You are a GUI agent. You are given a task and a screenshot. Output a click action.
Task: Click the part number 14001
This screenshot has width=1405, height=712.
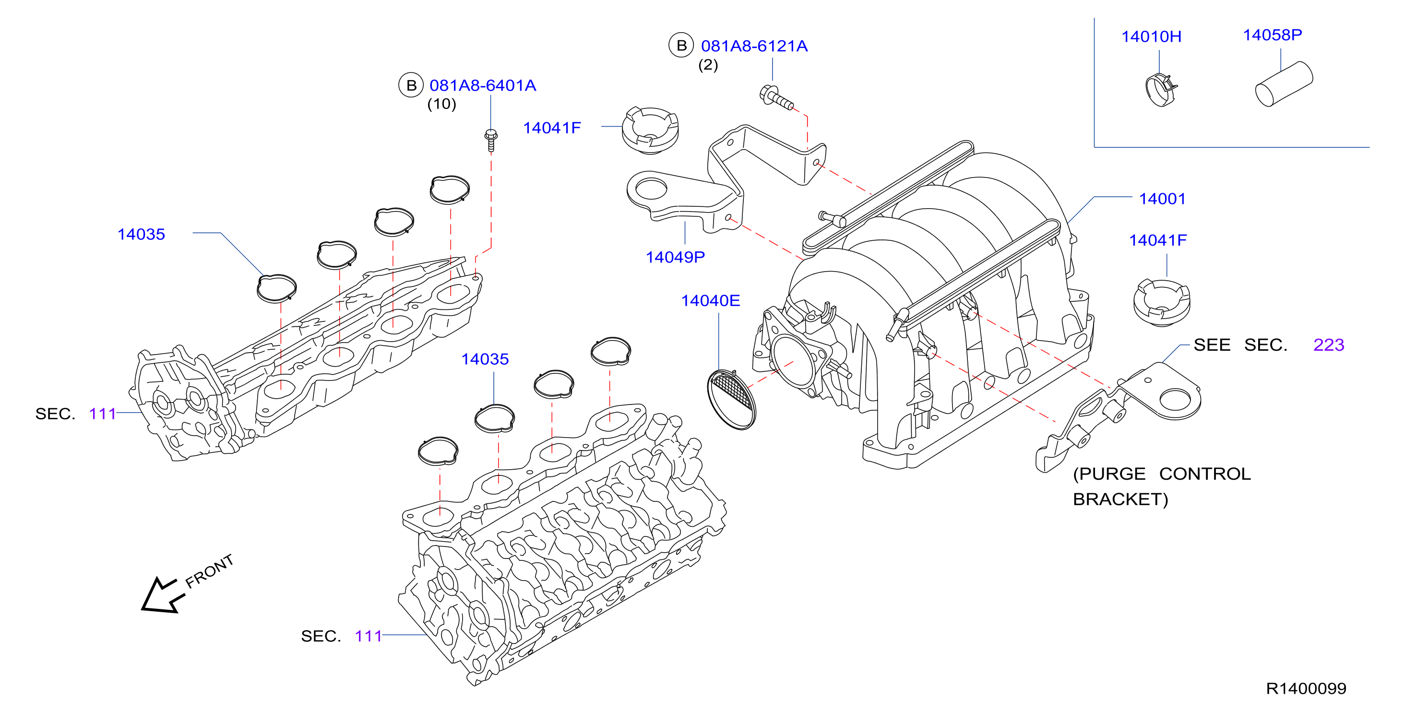pyautogui.click(x=1162, y=199)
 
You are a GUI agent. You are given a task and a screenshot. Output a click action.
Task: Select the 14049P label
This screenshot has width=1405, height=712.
pyautogui.click(x=675, y=257)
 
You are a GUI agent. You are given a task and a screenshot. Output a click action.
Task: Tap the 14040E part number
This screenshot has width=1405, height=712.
pyautogui.click(x=710, y=301)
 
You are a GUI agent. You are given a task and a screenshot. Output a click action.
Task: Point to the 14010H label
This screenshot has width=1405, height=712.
pyautogui.click(x=1151, y=37)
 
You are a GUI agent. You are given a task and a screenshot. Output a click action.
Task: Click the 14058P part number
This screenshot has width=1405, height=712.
pyautogui.click(x=1272, y=36)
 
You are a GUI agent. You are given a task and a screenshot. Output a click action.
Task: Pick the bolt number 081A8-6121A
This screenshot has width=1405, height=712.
pyautogui.click(x=754, y=47)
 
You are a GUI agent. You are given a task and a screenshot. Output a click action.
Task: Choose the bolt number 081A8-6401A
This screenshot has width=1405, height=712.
pyautogui.click(x=483, y=85)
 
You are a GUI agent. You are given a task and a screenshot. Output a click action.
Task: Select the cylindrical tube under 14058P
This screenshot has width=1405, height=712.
pyautogui.click(x=1284, y=84)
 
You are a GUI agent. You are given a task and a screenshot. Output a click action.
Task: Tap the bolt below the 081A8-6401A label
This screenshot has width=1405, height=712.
pyautogui.click(x=491, y=140)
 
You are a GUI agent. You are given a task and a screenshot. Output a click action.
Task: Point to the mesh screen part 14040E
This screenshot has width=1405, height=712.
pyautogui.click(x=731, y=400)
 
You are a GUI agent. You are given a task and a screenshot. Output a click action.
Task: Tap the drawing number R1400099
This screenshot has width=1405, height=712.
pyautogui.click(x=1306, y=689)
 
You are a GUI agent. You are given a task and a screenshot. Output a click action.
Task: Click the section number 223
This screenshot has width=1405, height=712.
pyautogui.click(x=1329, y=345)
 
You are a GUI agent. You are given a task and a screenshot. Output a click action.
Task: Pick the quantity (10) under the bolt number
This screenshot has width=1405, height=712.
pyautogui.click(x=441, y=104)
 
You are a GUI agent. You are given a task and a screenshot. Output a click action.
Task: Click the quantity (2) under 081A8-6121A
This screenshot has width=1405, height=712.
pyautogui.click(x=708, y=65)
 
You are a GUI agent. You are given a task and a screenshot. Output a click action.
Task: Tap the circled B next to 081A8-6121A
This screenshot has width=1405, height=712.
pyautogui.click(x=681, y=45)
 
